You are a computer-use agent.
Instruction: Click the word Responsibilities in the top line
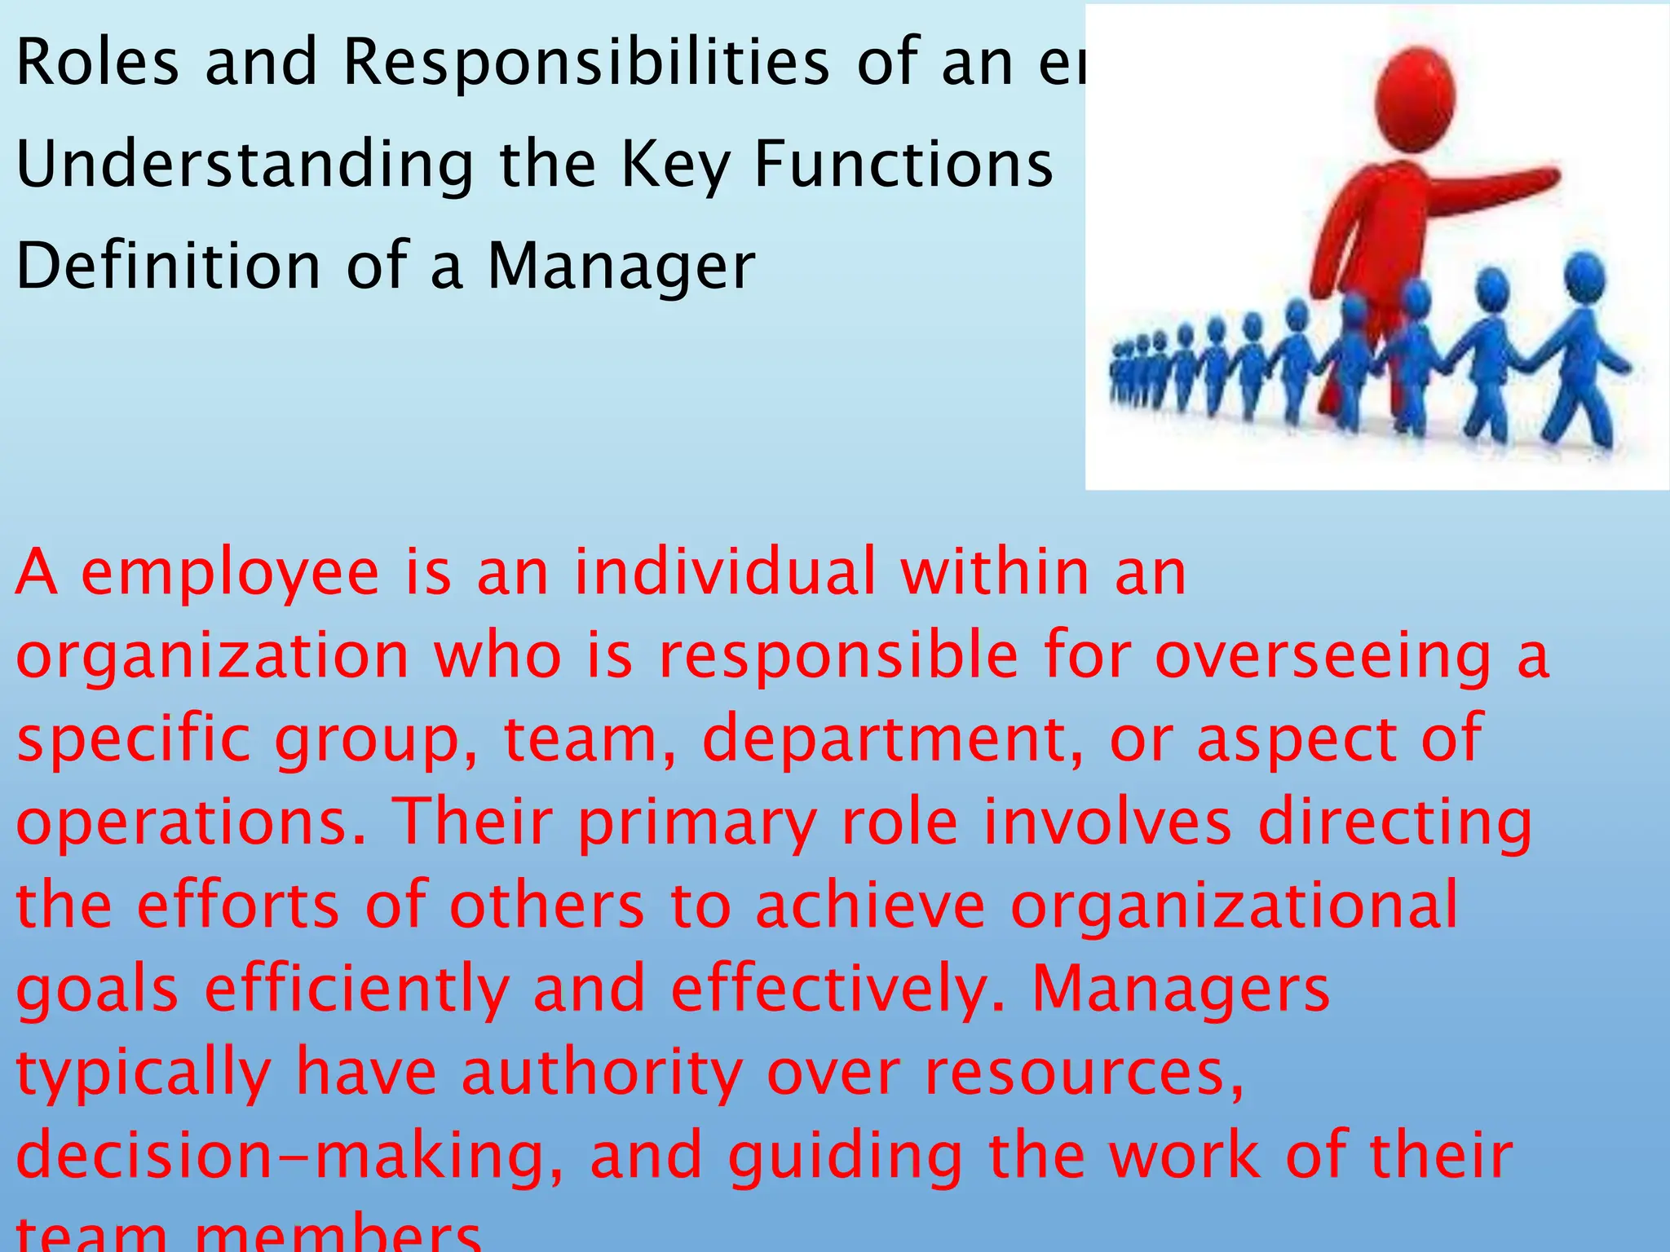tap(585, 64)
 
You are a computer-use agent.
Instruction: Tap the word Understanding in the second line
tap(245, 165)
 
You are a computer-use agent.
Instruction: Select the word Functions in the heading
tap(903, 164)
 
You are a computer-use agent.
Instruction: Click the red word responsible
tap(838, 657)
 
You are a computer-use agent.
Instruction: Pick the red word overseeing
tap(1323, 657)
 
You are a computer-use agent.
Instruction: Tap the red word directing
tap(1394, 824)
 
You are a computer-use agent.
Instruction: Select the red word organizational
tap(1234, 906)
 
